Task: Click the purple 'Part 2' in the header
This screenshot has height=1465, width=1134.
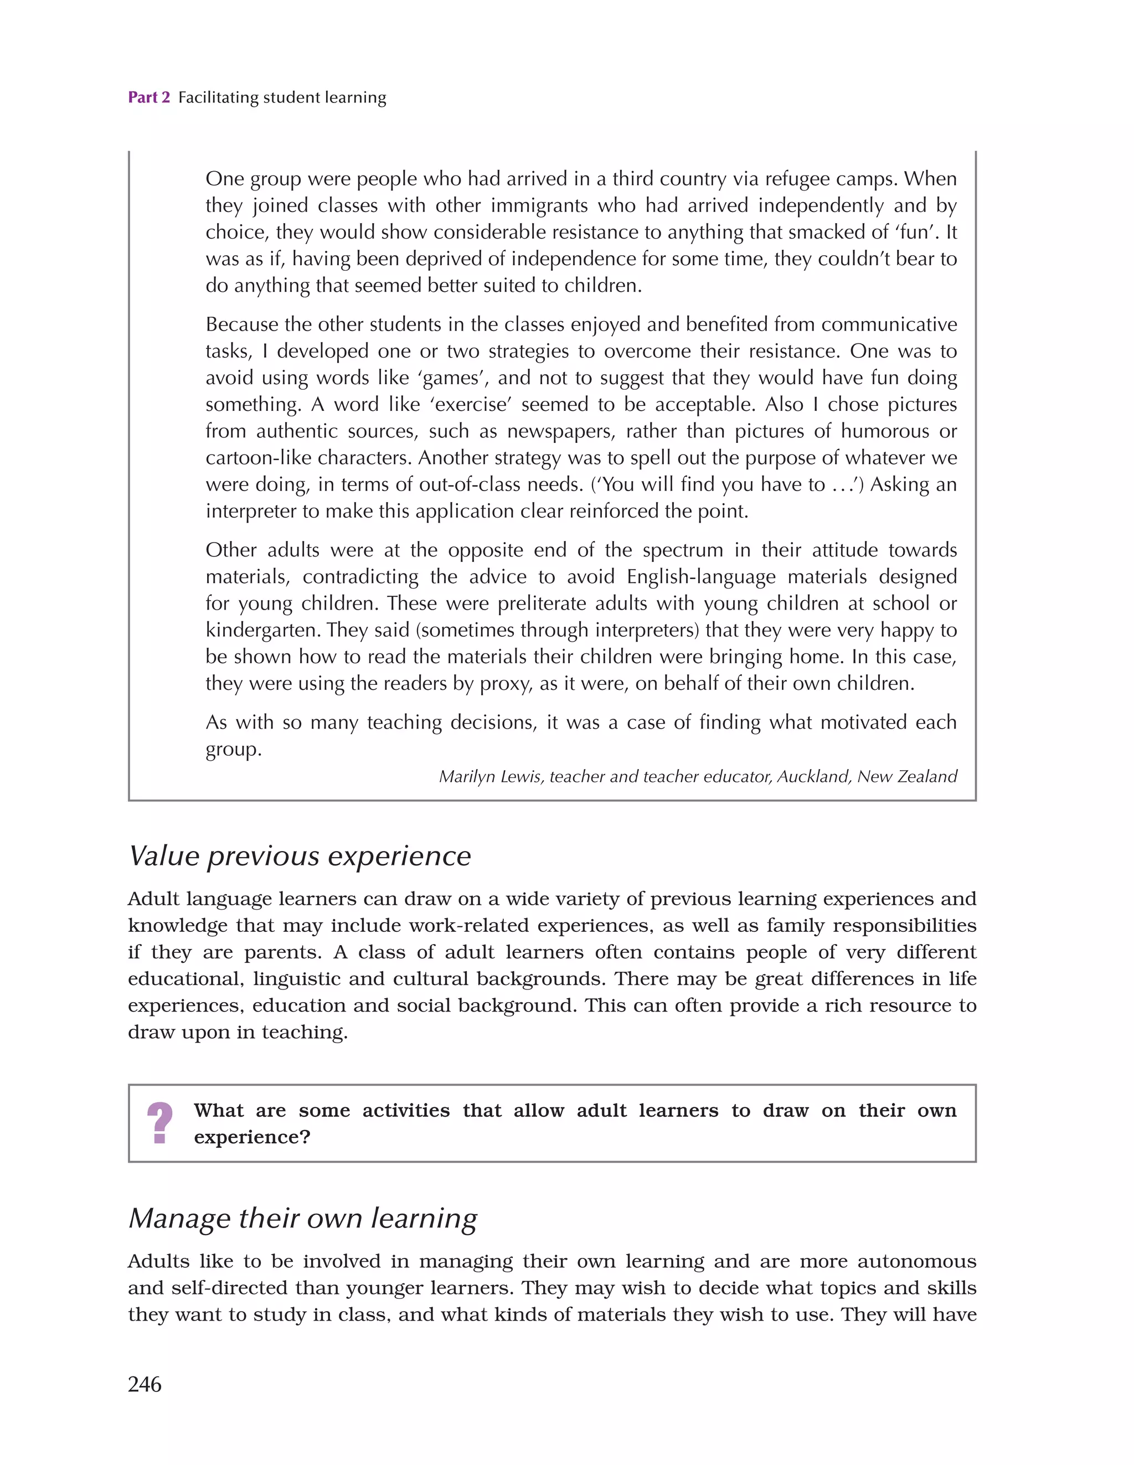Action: click(x=149, y=97)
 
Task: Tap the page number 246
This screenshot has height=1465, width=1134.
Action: click(x=145, y=1383)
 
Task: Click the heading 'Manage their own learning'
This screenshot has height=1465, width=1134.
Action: click(x=303, y=1218)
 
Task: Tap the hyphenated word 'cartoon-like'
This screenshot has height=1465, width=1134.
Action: click(x=259, y=458)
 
